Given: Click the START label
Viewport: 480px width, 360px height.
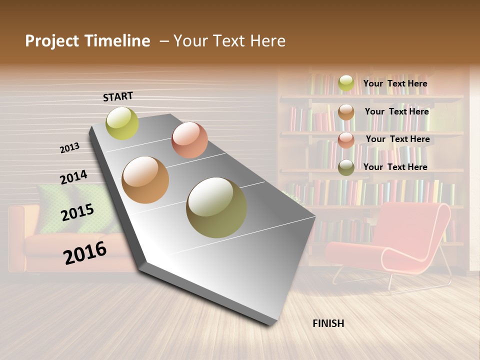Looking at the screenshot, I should pos(118,96).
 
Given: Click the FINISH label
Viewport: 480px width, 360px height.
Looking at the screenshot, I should pos(328,323).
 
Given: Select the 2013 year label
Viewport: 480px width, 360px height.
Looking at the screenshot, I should pos(69,148).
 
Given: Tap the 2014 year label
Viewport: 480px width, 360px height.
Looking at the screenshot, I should pos(73,177).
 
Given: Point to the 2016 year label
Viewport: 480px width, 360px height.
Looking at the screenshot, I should pos(85,252).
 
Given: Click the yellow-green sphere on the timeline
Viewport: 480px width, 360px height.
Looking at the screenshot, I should pos(122,123).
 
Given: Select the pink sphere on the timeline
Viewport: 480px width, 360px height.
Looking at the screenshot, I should pos(189,140).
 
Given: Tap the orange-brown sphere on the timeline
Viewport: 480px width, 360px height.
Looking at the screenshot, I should pos(145,180).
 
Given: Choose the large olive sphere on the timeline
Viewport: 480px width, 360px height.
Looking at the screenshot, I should pos(216,207).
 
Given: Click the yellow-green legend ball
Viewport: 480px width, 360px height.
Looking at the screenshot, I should pos(346,83).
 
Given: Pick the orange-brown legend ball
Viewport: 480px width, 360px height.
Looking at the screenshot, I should pos(346,112).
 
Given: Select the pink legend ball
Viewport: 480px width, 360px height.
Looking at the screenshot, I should pos(346,140).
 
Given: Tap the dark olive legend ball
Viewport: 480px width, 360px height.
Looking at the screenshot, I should pos(346,167).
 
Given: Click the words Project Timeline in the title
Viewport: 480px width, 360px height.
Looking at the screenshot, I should pos(87,41).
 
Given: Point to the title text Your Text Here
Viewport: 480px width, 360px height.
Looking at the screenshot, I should pos(229,41).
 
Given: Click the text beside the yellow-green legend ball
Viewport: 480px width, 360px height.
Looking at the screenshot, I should pos(395,83).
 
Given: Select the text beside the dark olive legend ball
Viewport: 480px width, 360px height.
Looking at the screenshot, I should pos(395,167).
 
